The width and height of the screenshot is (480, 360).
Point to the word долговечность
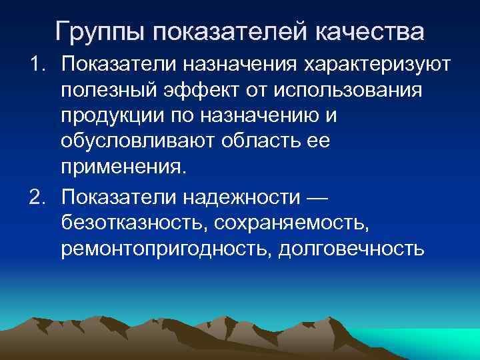coord(351,248)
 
